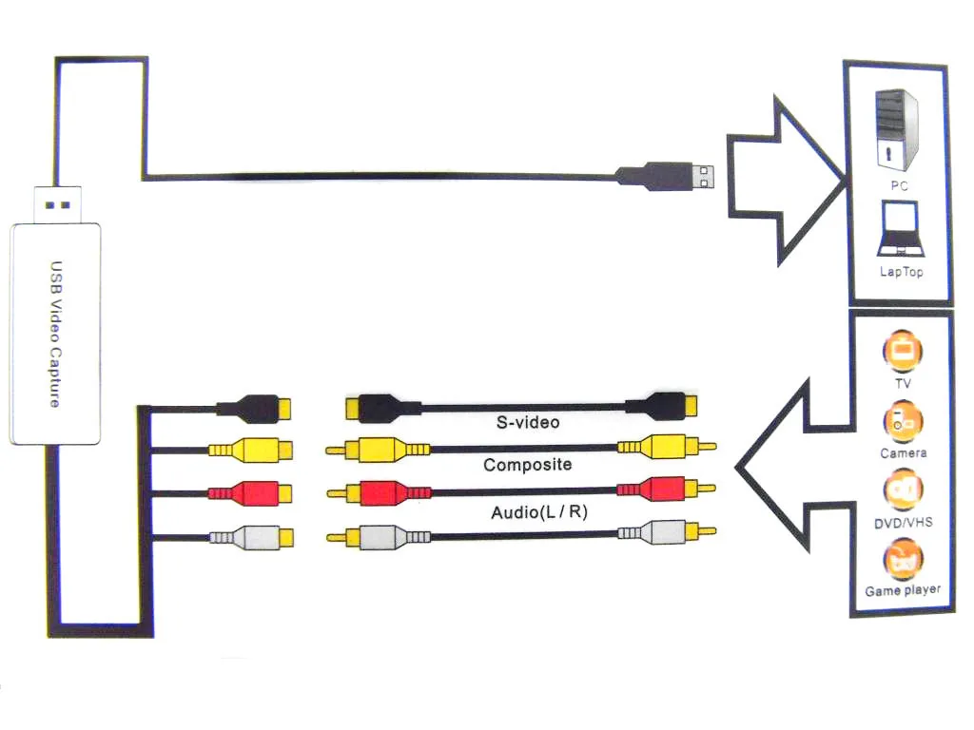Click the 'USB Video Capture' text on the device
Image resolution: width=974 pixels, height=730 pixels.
pos(56,334)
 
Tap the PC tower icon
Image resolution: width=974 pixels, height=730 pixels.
pos(896,130)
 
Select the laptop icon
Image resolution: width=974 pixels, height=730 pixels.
pos(900,229)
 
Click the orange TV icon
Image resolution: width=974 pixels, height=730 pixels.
pos(903,351)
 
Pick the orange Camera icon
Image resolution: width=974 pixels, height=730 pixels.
pos(903,421)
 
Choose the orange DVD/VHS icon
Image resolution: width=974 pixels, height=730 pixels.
pos(903,490)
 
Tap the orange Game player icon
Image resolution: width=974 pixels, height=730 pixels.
pos(903,559)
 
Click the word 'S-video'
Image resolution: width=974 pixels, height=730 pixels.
pos(528,423)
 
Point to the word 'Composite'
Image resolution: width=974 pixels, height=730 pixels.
pos(527,464)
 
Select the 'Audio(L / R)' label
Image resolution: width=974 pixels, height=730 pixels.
pos(539,512)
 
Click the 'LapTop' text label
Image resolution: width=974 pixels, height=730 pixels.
pos(902,272)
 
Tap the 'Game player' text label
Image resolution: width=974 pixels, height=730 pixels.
pos(903,590)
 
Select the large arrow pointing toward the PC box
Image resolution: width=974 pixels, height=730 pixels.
pos(787,181)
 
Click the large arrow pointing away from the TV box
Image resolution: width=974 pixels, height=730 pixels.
pos(793,466)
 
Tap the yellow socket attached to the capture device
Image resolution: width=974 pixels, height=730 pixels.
pos(250,450)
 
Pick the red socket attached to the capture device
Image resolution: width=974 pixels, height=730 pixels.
pos(250,493)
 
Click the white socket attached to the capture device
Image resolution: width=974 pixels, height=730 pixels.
pos(251,538)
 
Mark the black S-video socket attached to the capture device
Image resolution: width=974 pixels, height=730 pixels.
pos(254,409)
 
